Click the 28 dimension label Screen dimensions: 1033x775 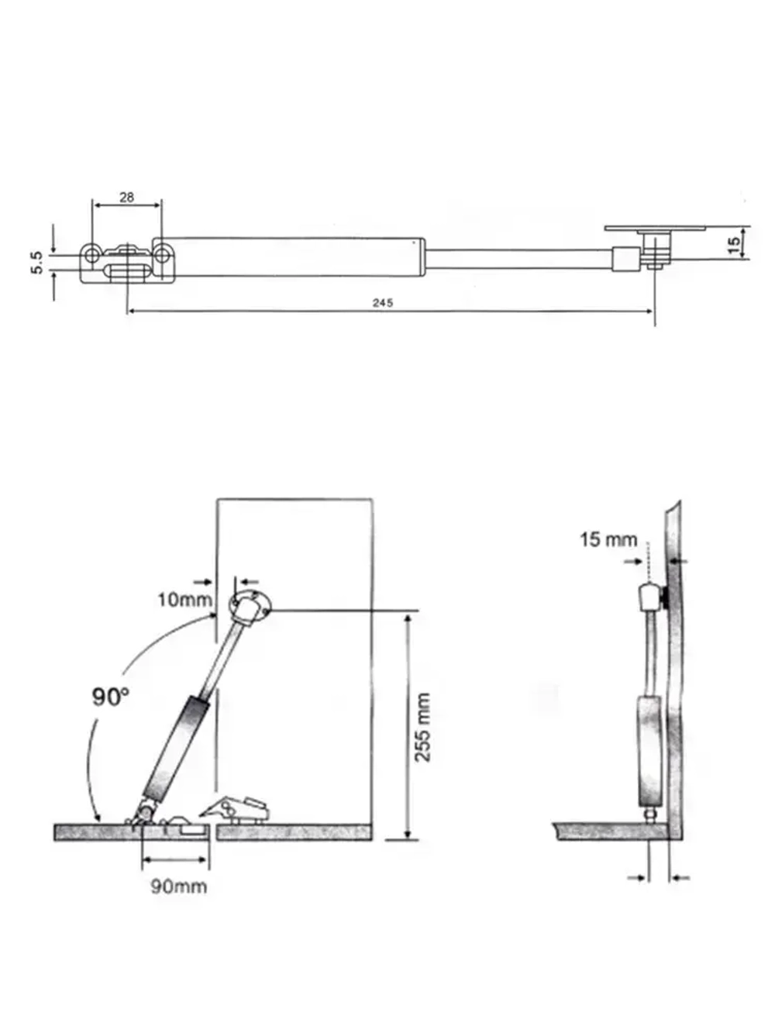pyautogui.click(x=126, y=197)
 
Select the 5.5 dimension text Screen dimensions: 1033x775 pyautogui.click(x=37, y=262)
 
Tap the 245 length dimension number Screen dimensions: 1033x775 pyautogui.click(x=383, y=303)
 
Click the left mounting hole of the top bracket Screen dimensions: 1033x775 pyautogui.click(x=91, y=253)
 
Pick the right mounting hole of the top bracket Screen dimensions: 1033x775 pyautogui.click(x=162, y=253)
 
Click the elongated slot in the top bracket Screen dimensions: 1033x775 pyautogui.click(x=128, y=272)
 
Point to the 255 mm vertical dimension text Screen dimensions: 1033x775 pyautogui.click(x=423, y=727)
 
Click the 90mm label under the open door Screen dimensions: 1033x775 pyautogui.click(x=178, y=886)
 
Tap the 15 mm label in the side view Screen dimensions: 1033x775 pyautogui.click(x=608, y=539)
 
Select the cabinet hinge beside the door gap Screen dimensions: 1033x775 pyautogui.click(x=236, y=809)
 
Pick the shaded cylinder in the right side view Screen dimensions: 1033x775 pyautogui.click(x=649, y=750)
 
